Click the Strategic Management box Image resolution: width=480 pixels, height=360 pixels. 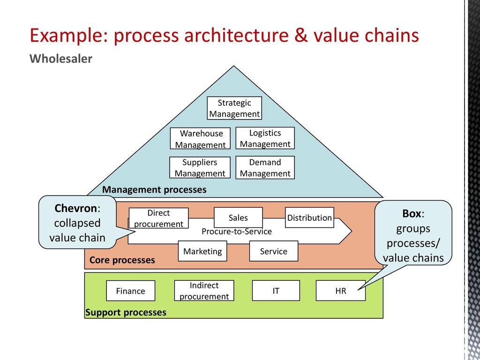[x=234, y=108]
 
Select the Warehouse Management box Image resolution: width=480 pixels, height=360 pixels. [x=200, y=138]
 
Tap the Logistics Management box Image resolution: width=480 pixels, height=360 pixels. [x=265, y=138]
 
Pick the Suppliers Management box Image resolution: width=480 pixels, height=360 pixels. [x=200, y=167]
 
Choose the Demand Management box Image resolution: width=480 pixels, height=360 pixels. [x=265, y=167]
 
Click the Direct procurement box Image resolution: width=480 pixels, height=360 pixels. [x=158, y=218]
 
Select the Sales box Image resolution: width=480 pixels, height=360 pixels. [x=238, y=217]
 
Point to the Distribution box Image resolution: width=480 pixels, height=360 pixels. [x=309, y=217]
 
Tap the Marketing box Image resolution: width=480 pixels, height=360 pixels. [x=202, y=251]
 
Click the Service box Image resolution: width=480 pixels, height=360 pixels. [x=274, y=251]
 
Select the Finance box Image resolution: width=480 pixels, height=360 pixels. [x=131, y=291]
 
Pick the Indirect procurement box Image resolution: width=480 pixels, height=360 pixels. [x=204, y=291]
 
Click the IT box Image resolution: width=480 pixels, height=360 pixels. [x=276, y=291]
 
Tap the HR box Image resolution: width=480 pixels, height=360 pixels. [x=341, y=291]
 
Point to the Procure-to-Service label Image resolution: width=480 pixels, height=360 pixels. [x=237, y=232]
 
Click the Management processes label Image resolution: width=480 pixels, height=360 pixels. [x=154, y=190]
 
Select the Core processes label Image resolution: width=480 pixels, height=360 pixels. [x=122, y=260]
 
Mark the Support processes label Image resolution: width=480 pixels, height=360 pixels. [x=126, y=313]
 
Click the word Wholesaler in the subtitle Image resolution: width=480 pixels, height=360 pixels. [x=61, y=59]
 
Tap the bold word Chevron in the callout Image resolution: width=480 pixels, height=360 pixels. [x=76, y=208]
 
